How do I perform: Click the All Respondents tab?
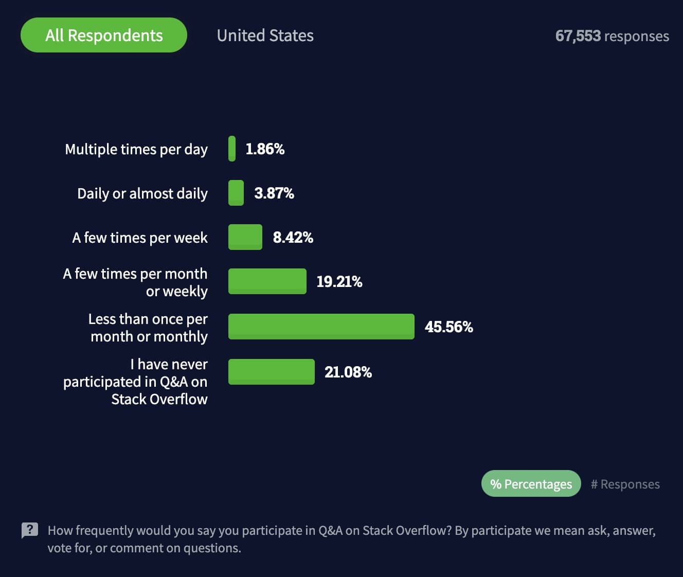(x=104, y=35)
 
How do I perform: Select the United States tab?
(x=265, y=35)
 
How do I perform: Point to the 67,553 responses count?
(x=612, y=36)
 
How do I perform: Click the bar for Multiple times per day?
(x=232, y=149)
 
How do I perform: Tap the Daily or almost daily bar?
(x=236, y=193)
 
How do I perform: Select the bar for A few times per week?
(x=245, y=237)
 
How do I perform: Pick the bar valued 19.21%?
(x=267, y=281)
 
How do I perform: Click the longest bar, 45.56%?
(x=321, y=327)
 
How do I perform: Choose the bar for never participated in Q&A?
(x=272, y=372)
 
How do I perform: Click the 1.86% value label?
(x=265, y=149)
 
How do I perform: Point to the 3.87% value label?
(x=274, y=193)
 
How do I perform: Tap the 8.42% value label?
(x=293, y=238)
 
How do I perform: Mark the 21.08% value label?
(x=348, y=372)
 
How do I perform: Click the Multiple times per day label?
(x=136, y=149)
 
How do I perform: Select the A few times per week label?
(x=140, y=238)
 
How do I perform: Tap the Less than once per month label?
(x=148, y=328)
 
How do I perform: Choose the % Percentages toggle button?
(x=531, y=484)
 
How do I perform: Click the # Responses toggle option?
(x=625, y=484)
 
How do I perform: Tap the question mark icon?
(x=30, y=530)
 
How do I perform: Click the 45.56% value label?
(x=448, y=327)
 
